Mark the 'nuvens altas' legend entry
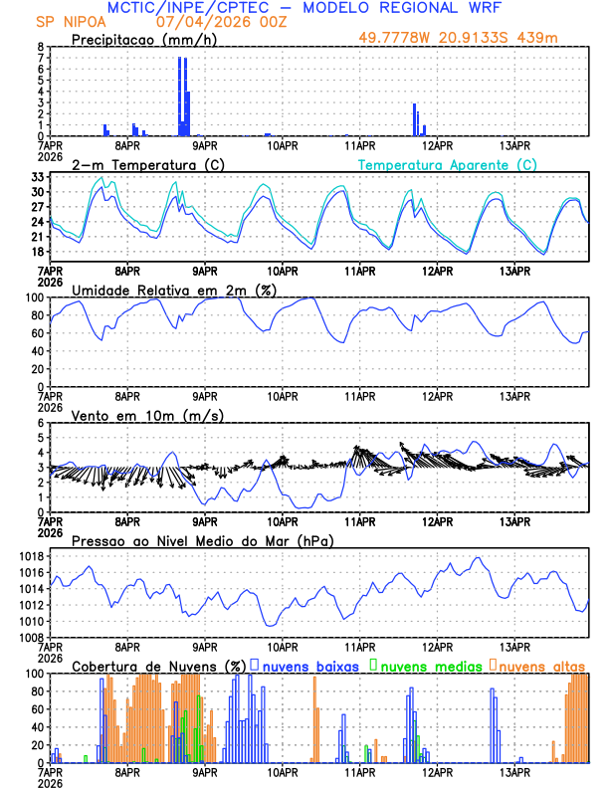pyautogui.click(x=543, y=665)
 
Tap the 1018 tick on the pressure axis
pyautogui.click(x=31, y=556)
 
